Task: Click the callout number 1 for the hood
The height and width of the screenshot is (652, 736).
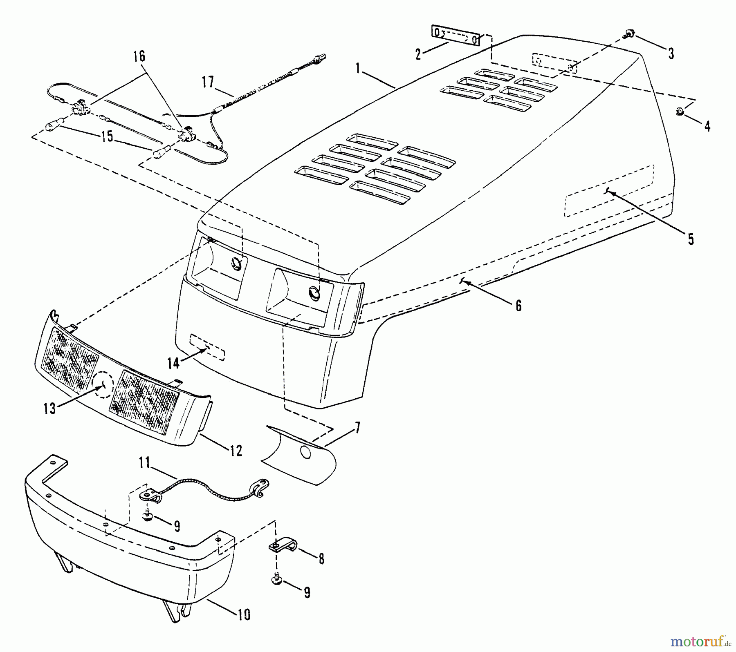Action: point(358,68)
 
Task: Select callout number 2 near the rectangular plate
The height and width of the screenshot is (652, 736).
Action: point(418,54)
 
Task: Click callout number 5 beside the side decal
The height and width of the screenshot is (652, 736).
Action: point(691,239)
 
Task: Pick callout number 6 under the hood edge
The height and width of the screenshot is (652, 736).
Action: point(518,305)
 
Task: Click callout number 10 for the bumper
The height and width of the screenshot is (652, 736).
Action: point(244,614)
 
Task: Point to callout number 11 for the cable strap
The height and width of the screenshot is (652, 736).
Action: point(144,463)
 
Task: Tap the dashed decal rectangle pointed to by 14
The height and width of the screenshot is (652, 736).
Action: point(207,347)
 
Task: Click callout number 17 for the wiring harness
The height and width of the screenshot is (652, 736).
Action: point(208,82)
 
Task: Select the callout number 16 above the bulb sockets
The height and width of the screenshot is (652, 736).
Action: point(139,56)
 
